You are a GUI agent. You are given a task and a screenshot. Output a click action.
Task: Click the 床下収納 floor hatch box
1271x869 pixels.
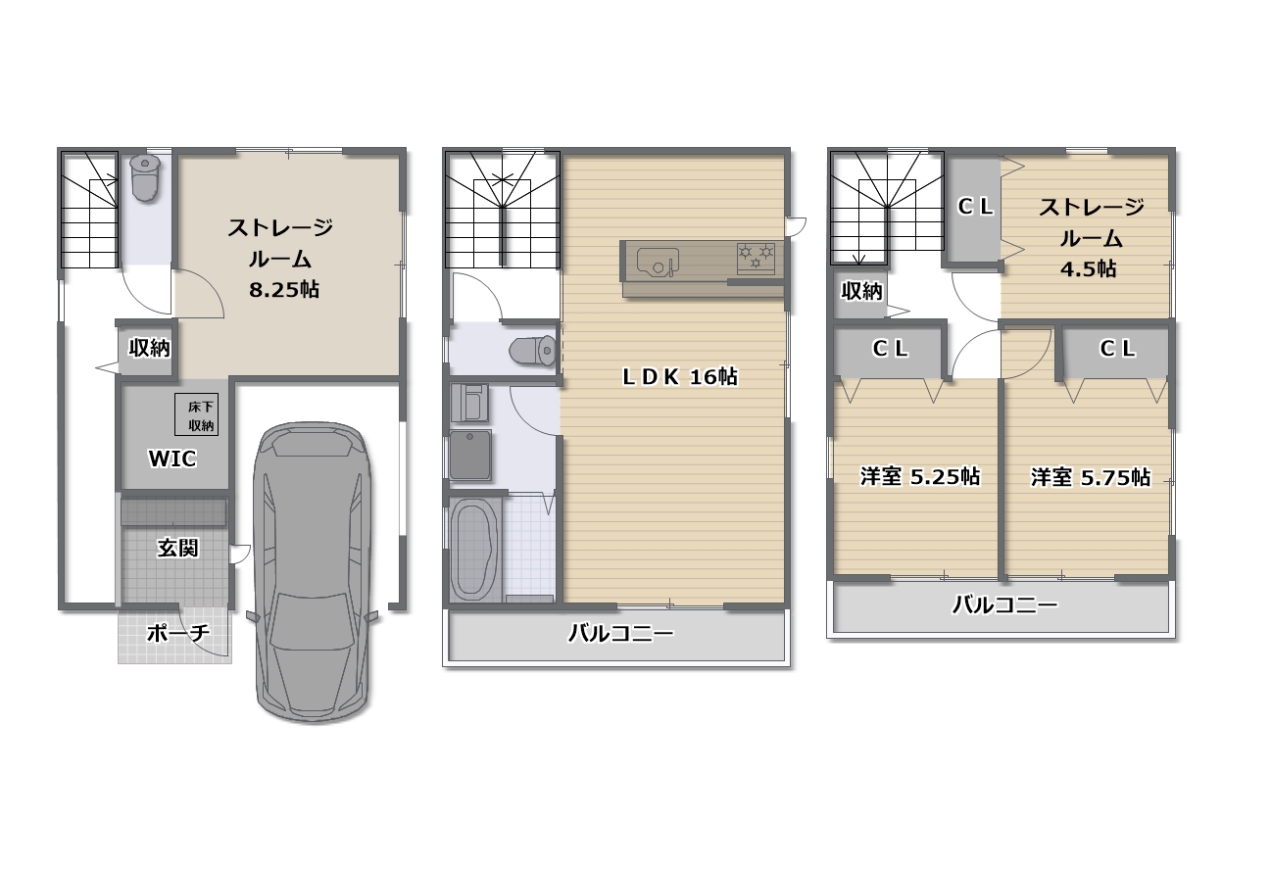(x=196, y=414)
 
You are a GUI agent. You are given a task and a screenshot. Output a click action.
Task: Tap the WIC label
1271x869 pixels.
(x=172, y=459)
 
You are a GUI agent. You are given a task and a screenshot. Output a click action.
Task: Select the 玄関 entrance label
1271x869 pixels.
(x=177, y=548)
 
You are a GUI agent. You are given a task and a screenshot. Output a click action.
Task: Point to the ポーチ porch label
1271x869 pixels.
(x=178, y=633)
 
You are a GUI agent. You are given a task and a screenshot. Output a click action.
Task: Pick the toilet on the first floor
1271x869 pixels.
(x=145, y=178)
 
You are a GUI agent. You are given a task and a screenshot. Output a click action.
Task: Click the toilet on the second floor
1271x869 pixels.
(x=533, y=350)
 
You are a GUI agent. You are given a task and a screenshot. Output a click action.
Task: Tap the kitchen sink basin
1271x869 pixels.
(x=659, y=262)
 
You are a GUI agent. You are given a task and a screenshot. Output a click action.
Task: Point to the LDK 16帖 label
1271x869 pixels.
(x=680, y=376)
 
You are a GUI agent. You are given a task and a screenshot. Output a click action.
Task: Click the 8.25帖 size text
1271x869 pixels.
(x=284, y=290)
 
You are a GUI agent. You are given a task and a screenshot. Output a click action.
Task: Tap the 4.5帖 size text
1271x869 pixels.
(x=1089, y=268)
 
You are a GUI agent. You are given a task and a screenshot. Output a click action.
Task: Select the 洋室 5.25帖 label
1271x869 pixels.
(x=920, y=476)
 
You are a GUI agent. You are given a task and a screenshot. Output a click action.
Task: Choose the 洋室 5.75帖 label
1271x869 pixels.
(x=1091, y=478)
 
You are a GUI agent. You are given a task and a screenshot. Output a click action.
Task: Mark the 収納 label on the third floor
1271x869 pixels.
(x=861, y=291)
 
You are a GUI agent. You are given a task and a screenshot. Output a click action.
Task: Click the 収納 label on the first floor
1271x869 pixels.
(x=149, y=348)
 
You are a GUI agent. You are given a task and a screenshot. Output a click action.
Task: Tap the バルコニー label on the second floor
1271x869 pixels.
(x=621, y=633)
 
